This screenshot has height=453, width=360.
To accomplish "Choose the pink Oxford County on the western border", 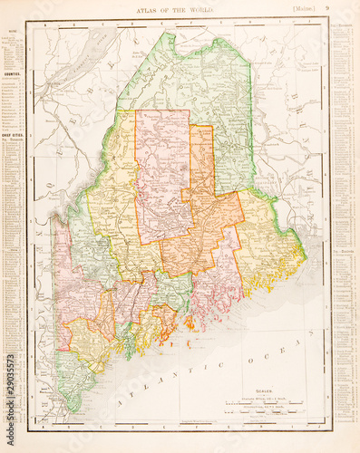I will [x=63, y=272].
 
